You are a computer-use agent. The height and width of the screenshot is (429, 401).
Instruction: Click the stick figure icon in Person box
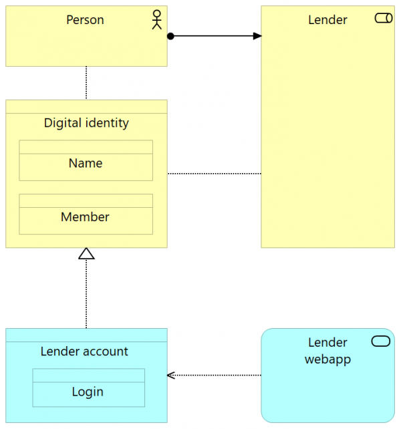point(157,20)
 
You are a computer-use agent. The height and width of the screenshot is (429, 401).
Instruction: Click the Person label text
point(85,20)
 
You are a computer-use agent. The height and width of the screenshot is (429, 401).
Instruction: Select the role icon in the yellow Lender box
point(384,19)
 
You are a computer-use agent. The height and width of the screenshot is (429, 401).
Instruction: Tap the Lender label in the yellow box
point(327,20)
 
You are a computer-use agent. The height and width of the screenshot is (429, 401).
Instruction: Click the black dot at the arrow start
point(170,36)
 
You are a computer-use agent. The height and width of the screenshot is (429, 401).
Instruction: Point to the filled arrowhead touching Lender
point(257,36)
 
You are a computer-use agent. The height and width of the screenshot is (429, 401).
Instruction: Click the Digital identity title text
point(86,123)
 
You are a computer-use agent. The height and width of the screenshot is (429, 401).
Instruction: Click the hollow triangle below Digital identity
point(86,253)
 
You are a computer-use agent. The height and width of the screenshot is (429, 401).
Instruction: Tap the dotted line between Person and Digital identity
point(86,83)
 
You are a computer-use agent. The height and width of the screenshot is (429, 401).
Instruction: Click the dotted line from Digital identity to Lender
point(214,174)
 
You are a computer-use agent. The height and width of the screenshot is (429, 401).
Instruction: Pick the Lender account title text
point(84,351)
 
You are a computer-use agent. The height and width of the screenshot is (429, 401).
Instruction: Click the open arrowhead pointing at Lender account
point(171,376)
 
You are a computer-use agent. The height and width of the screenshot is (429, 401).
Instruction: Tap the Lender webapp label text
point(327,351)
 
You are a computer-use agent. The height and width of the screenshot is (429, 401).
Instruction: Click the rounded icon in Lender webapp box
point(380,342)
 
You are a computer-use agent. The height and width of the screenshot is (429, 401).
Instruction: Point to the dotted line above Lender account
point(86,294)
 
